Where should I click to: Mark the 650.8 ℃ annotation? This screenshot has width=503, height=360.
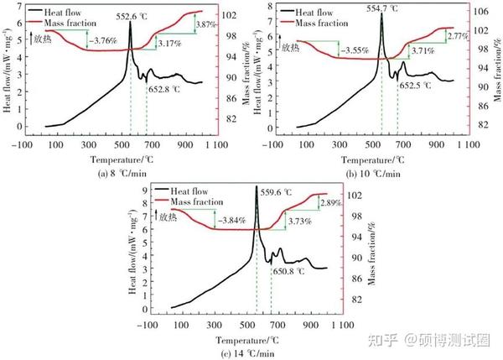[288, 271]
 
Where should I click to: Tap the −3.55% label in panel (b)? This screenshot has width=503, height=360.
[353, 50]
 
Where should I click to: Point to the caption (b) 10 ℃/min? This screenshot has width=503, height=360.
[372, 174]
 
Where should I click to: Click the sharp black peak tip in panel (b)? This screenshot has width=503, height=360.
[382, 13]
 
